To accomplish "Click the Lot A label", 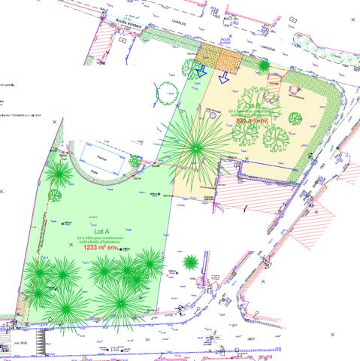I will tap(102, 232).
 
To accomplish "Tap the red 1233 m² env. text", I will tap(101, 247).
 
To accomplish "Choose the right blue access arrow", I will tap(223, 77).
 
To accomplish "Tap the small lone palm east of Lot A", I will tap(191, 262).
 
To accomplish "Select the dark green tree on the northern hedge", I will tap(264, 66).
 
